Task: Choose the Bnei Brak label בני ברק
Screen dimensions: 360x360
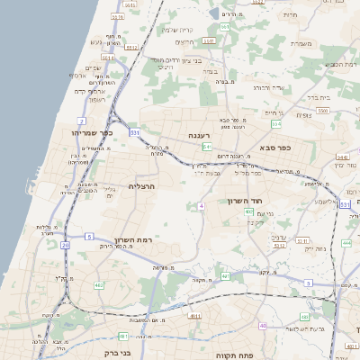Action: click(118, 353)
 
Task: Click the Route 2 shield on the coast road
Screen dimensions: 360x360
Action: click(82, 120)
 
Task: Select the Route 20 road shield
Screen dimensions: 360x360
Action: click(65, 245)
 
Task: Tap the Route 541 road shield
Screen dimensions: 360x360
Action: click(207, 146)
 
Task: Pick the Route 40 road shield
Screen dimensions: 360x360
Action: click(262, 326)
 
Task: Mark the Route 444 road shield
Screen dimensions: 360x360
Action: click(346, 243)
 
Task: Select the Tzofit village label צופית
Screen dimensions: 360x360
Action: click(303, 114)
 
